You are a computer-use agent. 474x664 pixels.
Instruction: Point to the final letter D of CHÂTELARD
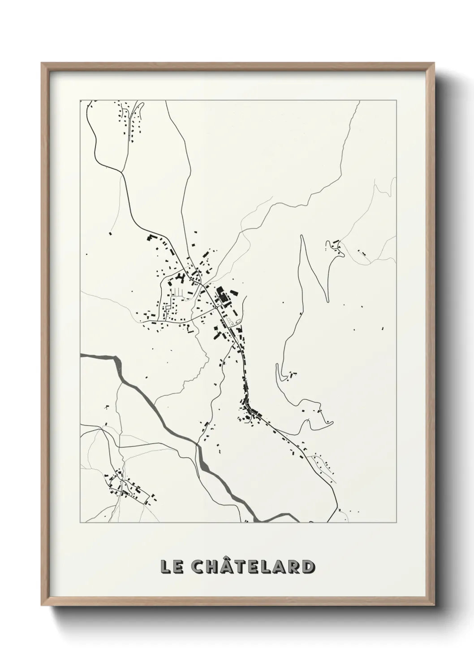click(x=307, y=566)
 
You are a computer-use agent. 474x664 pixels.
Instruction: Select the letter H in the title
click(x=211, y=566)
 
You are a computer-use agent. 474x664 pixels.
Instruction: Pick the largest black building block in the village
click(x=221, y=295)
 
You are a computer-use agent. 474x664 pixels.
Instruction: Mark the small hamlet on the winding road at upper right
click(x=334, y=246)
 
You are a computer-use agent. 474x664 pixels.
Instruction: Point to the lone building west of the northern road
click(x=110, y=233)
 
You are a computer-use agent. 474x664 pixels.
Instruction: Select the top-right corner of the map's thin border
click(x=396, y=100)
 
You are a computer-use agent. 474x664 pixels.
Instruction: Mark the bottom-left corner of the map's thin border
click(x=80, y=523)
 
